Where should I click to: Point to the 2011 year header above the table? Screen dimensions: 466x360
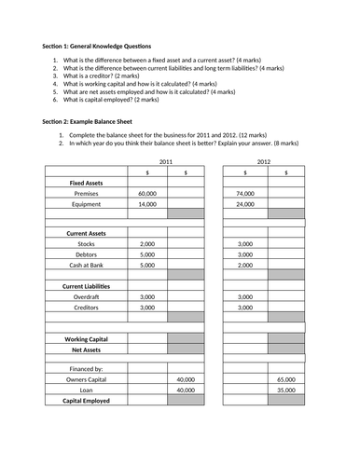166,161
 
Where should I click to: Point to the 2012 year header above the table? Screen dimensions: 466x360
264,161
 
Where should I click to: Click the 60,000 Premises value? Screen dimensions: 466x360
147,193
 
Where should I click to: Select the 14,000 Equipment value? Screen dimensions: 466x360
147,203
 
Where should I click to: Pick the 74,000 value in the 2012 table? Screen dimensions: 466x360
245,193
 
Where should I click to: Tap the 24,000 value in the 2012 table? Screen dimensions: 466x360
245,203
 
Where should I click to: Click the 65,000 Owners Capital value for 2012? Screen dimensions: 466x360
286,380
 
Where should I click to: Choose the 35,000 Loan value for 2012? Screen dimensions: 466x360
286,391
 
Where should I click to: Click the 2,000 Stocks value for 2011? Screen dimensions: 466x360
147,244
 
